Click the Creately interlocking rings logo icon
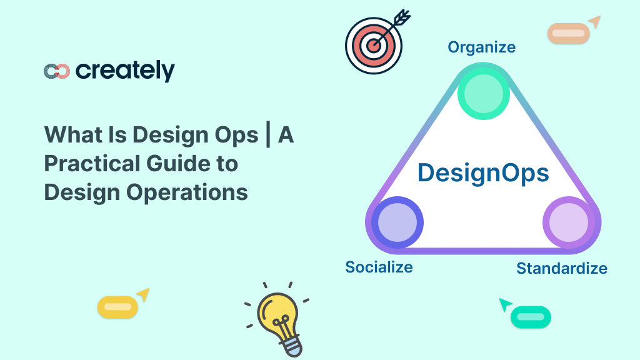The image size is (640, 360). (x=57, y=71)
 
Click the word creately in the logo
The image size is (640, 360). (x=125, y=71)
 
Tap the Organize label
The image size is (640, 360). (x=481, y=47)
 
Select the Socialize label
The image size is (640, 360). (x=379, y=267)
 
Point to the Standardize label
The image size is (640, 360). (x=561, y=269)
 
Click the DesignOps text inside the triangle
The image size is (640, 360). (x=483, y=173)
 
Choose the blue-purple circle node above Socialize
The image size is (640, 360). (x=397, y=222)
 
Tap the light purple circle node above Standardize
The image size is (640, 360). (x=567, y=222)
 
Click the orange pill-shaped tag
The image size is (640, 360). (x=568, y=33)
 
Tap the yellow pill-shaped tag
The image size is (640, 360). (x=117, y=307)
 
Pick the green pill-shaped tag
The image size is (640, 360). (x=531, y=317)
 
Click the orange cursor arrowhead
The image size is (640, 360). (x=594, y=22)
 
